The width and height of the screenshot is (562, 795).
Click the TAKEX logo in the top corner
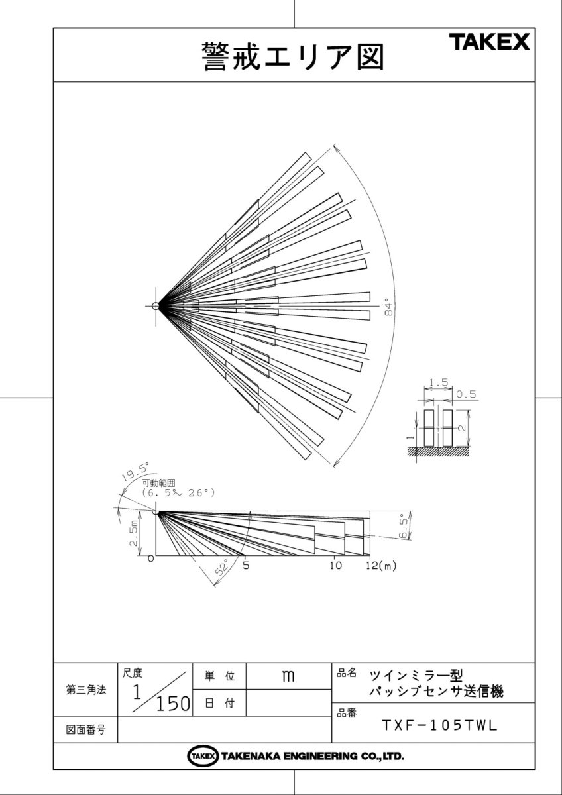490,42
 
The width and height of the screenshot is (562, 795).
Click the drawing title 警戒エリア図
293,57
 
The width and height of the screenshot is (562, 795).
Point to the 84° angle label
389,309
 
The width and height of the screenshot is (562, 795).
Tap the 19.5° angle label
135,472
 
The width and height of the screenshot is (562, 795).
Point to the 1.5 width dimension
439,382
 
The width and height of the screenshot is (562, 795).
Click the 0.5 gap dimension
466,394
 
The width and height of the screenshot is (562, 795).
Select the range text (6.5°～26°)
178,493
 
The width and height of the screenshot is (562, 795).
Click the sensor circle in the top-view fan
156,306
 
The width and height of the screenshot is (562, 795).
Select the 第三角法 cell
86,690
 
